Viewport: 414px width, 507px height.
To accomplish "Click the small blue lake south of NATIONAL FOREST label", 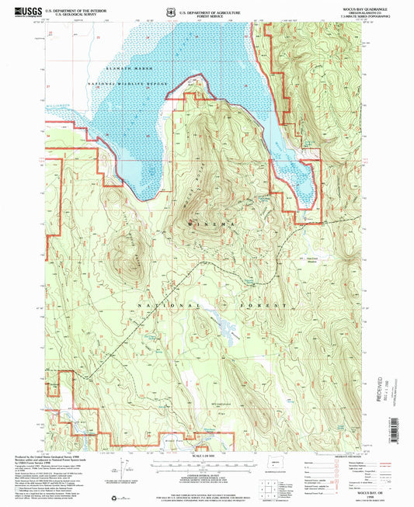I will (x=226, y=331).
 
